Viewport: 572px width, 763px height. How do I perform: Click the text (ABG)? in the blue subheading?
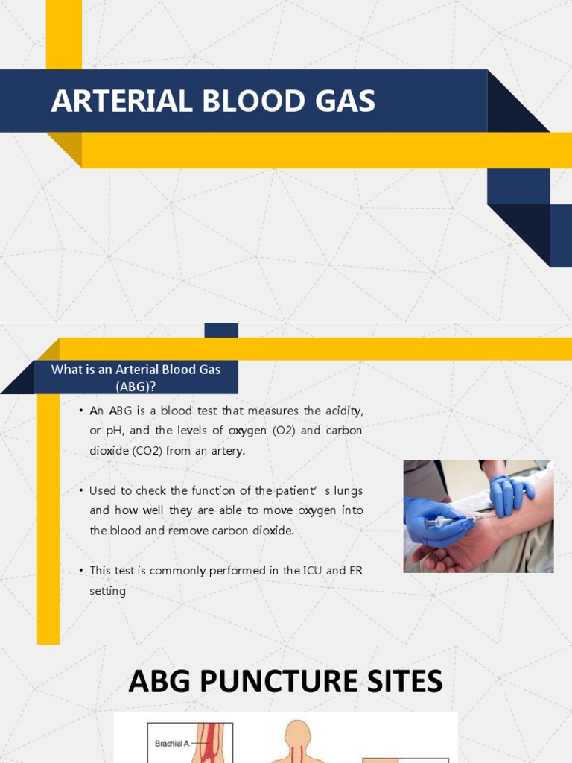point(136,385)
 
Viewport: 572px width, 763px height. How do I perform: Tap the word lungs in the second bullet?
point(347,490)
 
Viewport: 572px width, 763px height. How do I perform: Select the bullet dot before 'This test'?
point(80,571)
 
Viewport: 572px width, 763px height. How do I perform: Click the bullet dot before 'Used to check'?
point(80,491)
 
